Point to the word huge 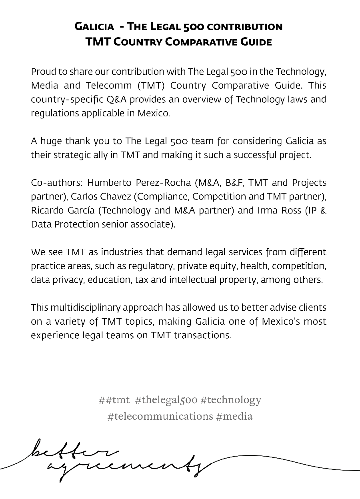pos(52,141)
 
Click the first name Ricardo pos(46,210)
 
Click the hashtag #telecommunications pos(160,416)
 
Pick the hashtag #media pos(234,416)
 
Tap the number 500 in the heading pos(194,27)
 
